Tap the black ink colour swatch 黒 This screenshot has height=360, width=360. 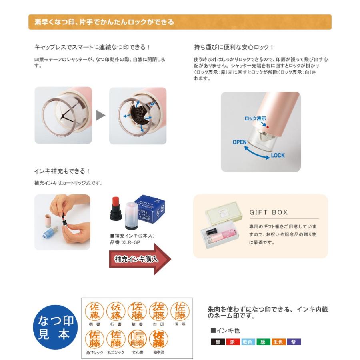tap(218, 342)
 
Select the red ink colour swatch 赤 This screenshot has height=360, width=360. tap(233, 342)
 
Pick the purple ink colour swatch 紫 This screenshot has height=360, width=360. tap(294, 342)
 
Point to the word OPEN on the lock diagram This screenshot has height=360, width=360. tap(240, 142)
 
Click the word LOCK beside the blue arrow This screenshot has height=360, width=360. tap(278, 155)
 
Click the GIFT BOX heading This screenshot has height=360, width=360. tap(268, 212)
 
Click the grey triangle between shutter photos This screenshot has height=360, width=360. tap(100, 116)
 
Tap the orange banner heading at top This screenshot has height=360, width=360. tap(180, 22)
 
